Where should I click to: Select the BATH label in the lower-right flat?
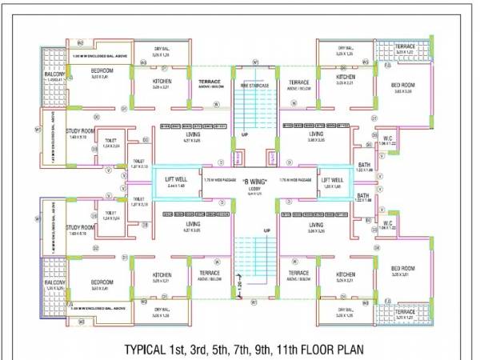point(363,196)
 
